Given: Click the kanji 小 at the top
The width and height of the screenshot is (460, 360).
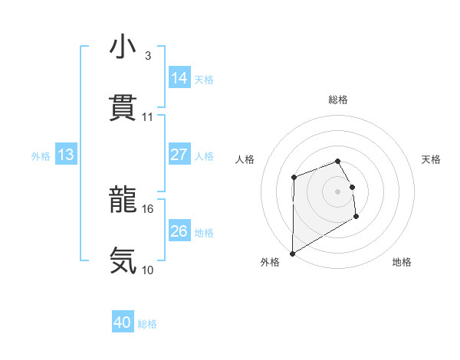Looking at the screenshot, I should (123, 47).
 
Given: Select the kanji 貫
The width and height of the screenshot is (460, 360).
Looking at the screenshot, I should (123, 108).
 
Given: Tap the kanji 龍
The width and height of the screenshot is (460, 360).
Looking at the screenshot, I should (123, 201).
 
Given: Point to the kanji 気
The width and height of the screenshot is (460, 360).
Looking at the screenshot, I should (123, 260).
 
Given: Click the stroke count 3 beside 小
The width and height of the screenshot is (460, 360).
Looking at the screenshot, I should (147, 56).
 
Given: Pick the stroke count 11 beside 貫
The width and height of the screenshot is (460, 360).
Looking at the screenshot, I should (148, 116).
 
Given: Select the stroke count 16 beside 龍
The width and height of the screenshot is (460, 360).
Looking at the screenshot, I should (148, 208).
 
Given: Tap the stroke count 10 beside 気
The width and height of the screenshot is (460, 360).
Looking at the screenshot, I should (148, 270).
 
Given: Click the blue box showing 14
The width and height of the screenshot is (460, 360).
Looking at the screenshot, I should (179, 77).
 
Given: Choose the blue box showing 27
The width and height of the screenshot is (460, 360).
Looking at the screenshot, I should (179, 154).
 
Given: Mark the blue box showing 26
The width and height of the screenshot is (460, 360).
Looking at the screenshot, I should (179, 231).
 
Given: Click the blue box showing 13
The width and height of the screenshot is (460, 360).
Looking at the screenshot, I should (66, 155).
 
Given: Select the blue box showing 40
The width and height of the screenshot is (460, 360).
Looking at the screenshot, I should (123, 323).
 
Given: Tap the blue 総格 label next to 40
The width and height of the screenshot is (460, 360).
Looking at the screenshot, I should (147, 325).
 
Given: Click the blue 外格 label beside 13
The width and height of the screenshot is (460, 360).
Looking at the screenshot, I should (41, 155).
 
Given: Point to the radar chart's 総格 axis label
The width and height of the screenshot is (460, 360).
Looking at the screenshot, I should (338, 100).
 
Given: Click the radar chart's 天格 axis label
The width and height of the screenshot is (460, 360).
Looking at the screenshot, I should (432, 159).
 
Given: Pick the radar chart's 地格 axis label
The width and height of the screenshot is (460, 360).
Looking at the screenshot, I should (402, 262).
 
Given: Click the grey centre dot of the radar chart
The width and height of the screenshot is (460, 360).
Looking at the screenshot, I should (338, 191).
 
